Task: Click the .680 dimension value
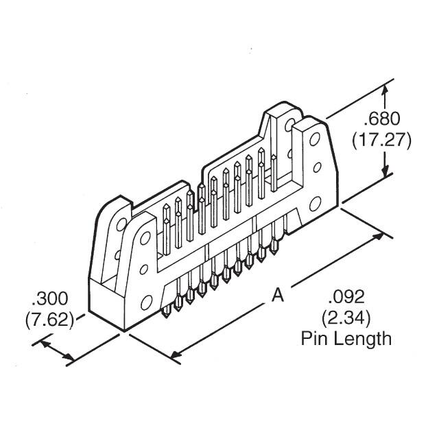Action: (382, 119)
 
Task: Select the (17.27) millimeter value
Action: (381, 140)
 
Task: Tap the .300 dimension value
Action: (50, 298)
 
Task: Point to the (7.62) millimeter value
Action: (50, 319)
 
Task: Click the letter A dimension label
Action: (278, 295)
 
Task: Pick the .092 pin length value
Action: (346, 297)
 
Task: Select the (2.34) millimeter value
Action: (346, 318)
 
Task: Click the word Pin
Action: (316, 338)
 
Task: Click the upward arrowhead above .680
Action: (385, 91)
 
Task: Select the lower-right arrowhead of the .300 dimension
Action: (69, 357)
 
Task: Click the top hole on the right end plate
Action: (315, 139)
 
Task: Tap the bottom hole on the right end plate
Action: (316, 204)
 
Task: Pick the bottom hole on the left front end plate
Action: (146, 303)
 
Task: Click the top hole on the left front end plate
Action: (145, 238)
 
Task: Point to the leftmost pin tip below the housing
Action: (167, 313)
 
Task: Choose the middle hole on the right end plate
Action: (317, 167)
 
